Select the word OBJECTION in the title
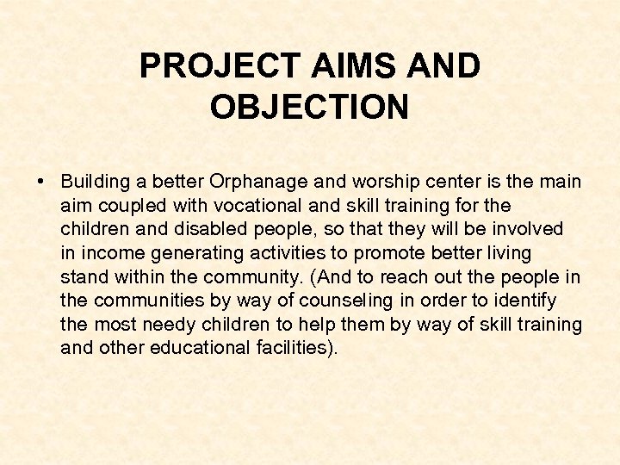(x=309, y=108)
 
